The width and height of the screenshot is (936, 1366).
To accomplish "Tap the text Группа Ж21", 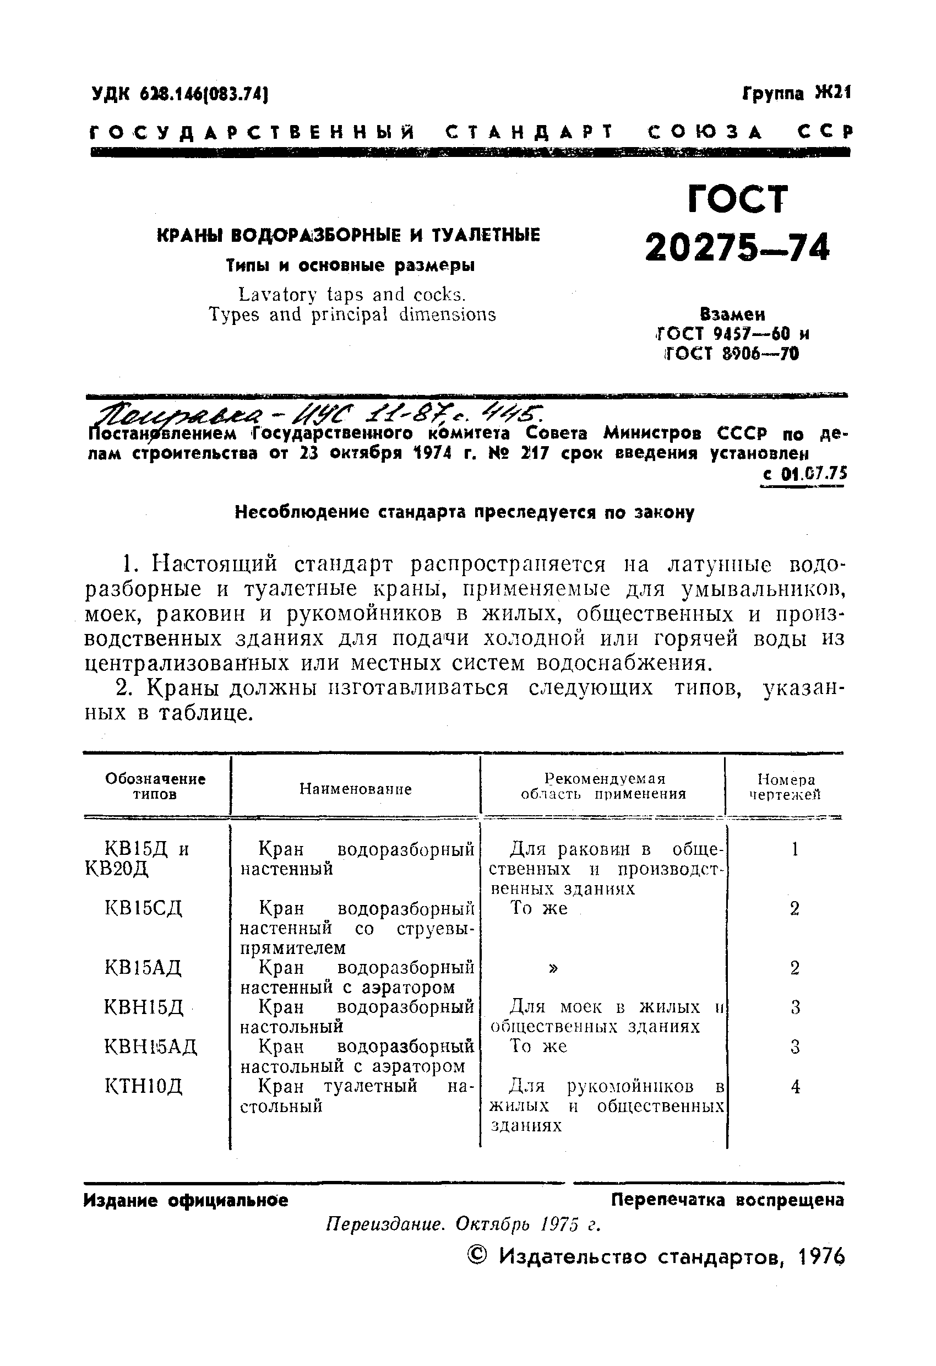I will tap(796, 93).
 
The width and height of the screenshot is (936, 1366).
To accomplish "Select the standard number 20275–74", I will tap(737, 247).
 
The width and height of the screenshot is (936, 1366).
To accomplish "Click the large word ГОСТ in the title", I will tap(737, 199).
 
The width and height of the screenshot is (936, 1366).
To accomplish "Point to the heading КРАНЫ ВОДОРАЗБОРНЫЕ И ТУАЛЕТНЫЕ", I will tap(349, 236).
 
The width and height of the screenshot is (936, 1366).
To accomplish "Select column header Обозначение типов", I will tap(155, 787).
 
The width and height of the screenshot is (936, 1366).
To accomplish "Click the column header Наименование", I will tap(356, 788).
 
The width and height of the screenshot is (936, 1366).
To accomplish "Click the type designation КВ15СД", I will tap(143, 909).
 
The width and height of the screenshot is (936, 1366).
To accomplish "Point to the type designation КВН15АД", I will tap(150, 1047).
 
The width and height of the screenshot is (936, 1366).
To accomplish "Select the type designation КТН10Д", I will tap(143, 1086).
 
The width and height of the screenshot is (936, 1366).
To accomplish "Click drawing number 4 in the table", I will tap(795, 1087).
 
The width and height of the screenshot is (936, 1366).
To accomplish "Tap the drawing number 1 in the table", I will tap(794, 849).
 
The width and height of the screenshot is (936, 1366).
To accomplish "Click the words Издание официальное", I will tap(186, 1200).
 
